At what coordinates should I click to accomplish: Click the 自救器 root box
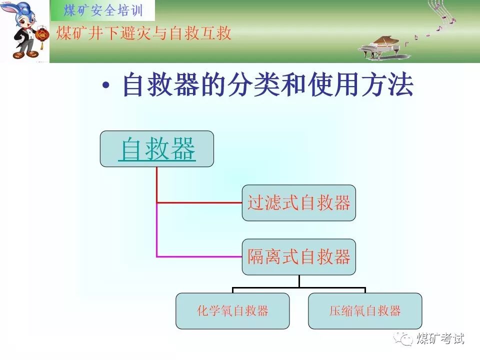coord(156,149)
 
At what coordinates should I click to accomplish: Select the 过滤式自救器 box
coord(299,203)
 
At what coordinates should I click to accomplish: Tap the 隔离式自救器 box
coord(299,257)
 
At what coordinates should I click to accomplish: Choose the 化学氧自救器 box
coord(232,311)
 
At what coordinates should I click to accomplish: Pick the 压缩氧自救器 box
coord(365,311)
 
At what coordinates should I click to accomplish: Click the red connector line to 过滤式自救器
coord(200,202)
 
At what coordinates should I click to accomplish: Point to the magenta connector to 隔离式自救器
coord(200,256)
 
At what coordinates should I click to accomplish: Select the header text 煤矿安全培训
coord(103,10)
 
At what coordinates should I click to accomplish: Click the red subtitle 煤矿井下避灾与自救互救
coord(144,33)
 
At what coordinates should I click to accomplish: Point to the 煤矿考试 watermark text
coord(440,338)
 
